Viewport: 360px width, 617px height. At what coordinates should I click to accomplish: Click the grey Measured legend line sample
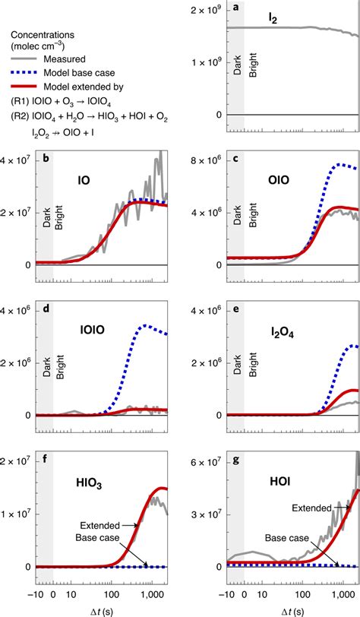24,59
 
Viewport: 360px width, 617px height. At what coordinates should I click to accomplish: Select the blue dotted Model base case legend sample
24,73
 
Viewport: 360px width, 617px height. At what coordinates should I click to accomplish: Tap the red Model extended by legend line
24,87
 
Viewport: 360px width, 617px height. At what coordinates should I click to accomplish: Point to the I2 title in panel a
273,19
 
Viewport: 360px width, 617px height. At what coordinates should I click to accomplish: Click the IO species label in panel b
84,180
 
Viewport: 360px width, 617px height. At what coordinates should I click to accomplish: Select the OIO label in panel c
279,180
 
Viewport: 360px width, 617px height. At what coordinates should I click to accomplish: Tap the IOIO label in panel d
91,329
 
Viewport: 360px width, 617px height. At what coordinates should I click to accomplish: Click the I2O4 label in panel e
283,335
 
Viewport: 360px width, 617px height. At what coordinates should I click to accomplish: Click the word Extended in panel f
100,526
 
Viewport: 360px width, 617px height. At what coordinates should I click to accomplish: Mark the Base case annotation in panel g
287,538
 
